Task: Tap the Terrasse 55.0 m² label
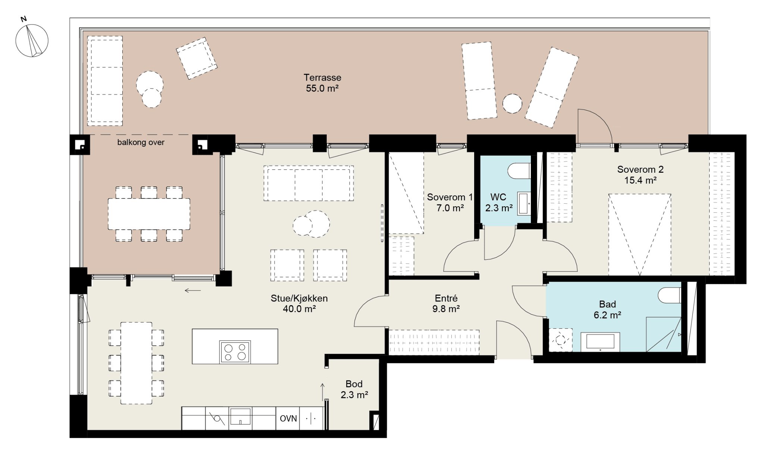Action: [322, 83]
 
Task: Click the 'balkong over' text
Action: [141, 142]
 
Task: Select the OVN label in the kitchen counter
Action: [288, 419]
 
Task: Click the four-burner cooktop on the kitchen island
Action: [235, 352]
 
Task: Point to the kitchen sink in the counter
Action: [240, 416]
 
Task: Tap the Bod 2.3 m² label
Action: [354, 389]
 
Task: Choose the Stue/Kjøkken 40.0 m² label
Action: [299, 304]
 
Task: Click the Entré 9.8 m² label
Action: [446, 304]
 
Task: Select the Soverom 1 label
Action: [450, 197]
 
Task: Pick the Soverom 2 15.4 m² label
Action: [641, 175]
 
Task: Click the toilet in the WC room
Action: [519, 171]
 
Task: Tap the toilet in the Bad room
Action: [670, 295]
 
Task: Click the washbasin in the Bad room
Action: [600, 342]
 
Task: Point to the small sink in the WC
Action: [524, 204]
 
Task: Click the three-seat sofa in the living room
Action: [309, 184]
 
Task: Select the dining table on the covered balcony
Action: [149, 214]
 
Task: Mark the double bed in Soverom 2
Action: [640, 235]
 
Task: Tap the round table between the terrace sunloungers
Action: [512, 103]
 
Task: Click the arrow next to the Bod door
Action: [323, 391]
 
